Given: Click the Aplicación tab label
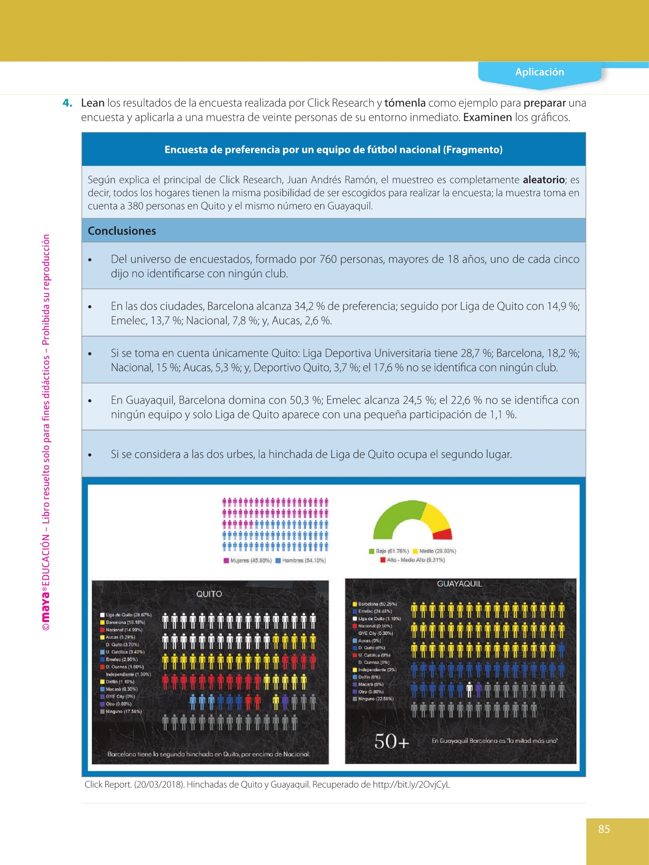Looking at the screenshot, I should pyautogui.click(x=539, y=72).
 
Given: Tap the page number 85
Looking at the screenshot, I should pyautogui.click(x=604, y=829).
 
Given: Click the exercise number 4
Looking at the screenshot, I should pyautogui.click(x=68, y=103).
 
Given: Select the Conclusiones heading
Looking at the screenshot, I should pyautogui.click(x=122, y=231).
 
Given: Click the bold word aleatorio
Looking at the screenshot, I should pyautogui.click(x=543, y=180).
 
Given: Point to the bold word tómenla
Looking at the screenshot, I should pyautogui.click(x=405, y=103).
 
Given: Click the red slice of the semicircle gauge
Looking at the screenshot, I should pyautogui.click(x=443, y=534).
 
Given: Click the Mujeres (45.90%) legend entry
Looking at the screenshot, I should pyautogui.click(x=248, y=560).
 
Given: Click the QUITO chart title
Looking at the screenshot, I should pyautogui.click(x=209, y=594).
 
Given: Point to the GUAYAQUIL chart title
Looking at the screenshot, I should pyautogui.click(x=459, y=584).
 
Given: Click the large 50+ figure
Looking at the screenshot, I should pyautogui.click(x=392, y=741).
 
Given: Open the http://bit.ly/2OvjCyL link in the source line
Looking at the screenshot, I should pyautogui.click(x=411, y=785).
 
